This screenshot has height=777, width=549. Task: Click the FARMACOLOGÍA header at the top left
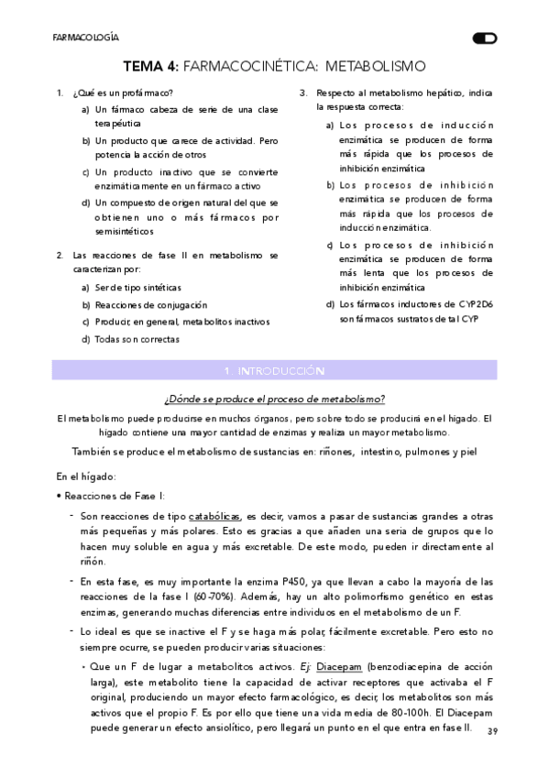(x=85, y=38)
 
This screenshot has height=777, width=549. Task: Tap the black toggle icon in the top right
(x=485, y=38)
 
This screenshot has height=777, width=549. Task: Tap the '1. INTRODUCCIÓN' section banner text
(x=274, y=371)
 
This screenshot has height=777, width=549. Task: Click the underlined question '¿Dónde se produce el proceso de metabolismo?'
(x=274, y=399)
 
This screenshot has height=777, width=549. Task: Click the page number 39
(x=493, y=731)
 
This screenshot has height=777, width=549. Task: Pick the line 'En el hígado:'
(x=86, y=476)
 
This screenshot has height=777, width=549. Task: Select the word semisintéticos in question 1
(x=126, y=231)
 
